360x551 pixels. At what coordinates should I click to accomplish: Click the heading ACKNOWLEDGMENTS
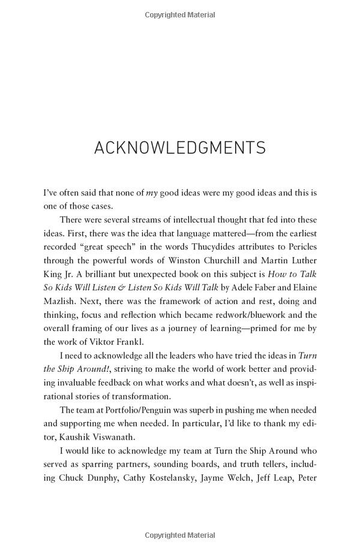180,147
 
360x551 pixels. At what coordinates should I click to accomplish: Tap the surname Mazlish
61,302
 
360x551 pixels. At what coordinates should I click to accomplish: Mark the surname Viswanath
127,437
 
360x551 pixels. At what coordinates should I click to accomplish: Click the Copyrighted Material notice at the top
180,13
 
